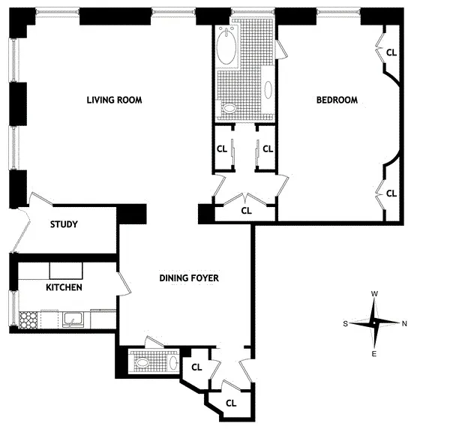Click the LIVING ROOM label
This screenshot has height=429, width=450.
coord(114,100)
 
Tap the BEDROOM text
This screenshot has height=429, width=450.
coord(336,100)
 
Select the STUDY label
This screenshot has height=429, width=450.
coord(64,225)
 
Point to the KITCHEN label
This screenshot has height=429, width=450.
coord(64,288)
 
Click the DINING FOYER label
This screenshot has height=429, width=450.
coord(189,279)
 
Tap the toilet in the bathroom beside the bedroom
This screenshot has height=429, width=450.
coord(229,109)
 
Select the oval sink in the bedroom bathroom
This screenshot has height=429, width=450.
coord(268,89)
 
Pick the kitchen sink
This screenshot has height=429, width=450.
coord(73,320)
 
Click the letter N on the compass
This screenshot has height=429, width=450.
coord(405,324)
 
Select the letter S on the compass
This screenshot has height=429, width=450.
coord(346,324)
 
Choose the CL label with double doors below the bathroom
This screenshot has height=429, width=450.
coord(246,211)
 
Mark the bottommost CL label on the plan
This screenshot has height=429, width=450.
coord(231,403)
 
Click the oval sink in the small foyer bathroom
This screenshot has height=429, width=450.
coord(172,363)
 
